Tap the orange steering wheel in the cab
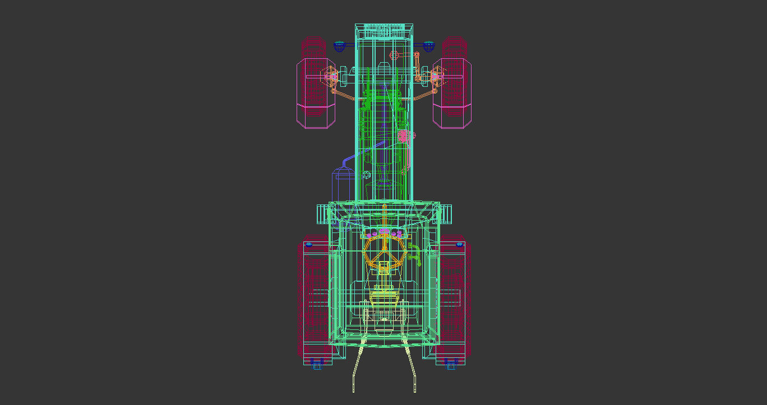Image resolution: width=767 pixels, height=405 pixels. [x=383, y=252]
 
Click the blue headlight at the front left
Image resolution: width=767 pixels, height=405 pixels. [x=339, y=46]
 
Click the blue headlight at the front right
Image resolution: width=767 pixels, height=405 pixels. [x=429, y=46]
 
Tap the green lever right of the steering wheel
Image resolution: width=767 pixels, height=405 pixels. [x=414, y=253]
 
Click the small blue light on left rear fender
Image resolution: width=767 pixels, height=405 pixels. [x=309, y=244]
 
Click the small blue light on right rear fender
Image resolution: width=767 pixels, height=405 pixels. [x=459, y=244]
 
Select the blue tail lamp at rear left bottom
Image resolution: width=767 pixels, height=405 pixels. [x=317, y=364]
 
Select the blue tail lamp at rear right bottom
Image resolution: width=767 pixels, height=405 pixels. [x=451, y=364]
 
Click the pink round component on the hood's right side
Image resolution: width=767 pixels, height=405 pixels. [x=403, y=136]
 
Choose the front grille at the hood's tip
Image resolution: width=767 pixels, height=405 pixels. [x=384, y=31]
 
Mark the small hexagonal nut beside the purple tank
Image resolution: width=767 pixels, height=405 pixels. [x=367, y=175]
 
